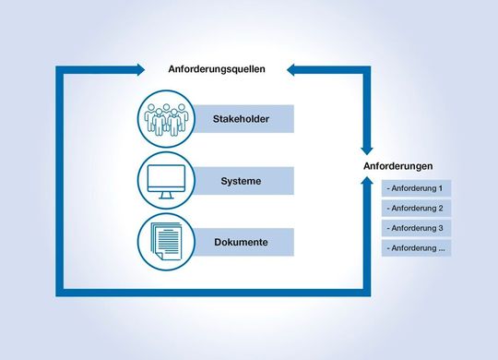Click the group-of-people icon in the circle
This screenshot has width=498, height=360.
coord(166,118)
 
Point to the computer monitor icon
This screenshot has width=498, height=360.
coord(166,179)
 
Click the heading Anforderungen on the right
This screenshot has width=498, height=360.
coord(399,166)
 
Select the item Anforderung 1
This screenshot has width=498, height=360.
coord(416,188)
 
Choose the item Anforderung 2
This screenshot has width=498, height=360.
coord(416,209)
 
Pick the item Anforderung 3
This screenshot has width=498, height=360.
coord(416,228)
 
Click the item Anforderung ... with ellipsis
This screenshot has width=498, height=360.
coord(416,248)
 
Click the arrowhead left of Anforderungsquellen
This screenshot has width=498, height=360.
coord(139,69)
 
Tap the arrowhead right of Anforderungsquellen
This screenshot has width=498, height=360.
coord(291,69)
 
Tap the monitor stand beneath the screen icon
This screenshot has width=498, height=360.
coord(166,196)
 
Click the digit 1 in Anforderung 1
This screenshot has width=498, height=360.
coord(441,188)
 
